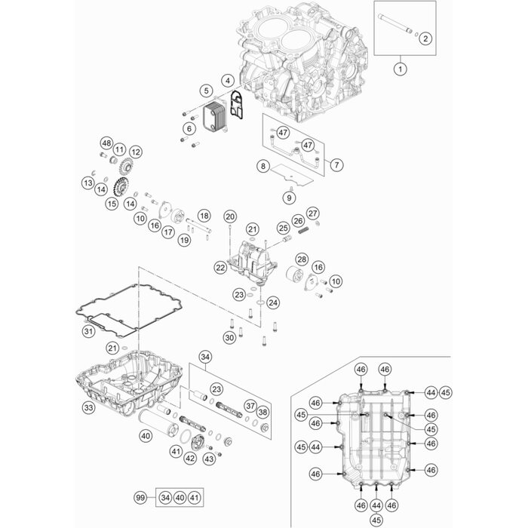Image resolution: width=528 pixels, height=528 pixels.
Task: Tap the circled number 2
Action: tap(424, 38)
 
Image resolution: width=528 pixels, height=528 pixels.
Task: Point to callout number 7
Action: tap(336, 164)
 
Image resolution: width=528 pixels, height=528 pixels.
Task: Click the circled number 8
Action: tap(262, 165)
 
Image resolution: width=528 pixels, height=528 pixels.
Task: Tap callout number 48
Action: tap(106, 144)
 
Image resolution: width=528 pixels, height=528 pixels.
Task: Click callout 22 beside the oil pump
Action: tap(220, 267)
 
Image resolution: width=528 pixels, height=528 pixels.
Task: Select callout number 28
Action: tap(301, 260)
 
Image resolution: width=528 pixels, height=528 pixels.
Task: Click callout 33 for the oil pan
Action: tap(88, 408)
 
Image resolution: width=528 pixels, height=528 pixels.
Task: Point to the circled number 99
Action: tap(139, 498)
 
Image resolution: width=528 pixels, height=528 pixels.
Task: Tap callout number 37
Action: tap(250, 406)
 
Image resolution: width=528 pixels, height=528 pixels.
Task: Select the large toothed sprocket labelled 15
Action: tap(118, 186)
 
